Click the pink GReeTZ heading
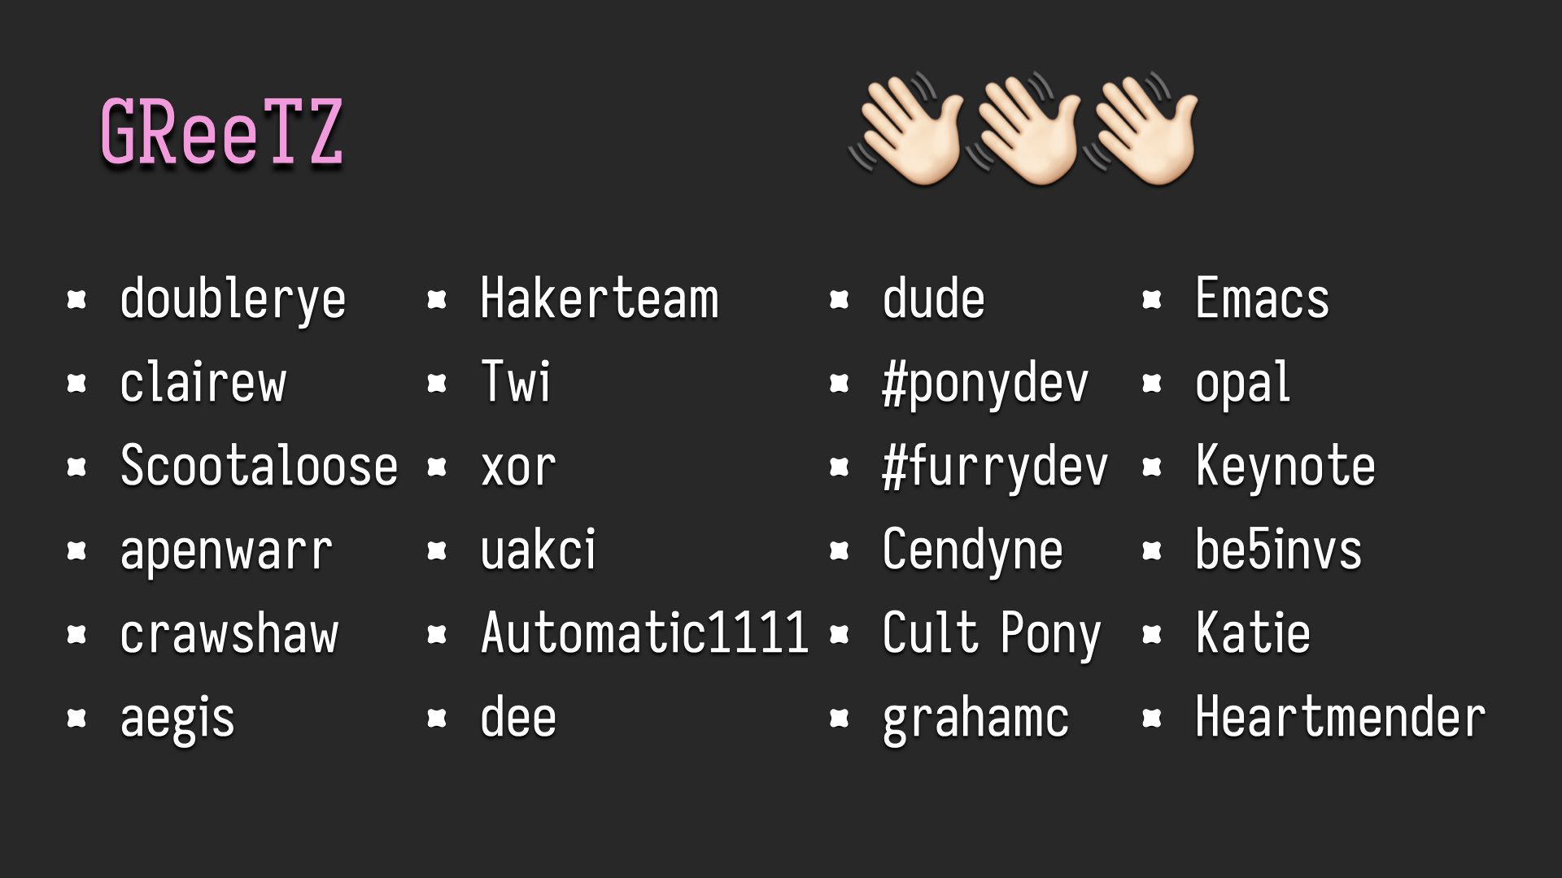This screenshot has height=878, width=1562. tap(221, 133)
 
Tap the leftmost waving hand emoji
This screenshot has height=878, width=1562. tap(907, 130)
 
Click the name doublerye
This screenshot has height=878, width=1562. tap(233, 300)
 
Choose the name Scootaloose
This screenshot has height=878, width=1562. tap(259, 467)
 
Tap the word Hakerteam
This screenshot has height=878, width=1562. tap(600, 298)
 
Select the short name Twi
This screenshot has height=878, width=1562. tap(516, 382)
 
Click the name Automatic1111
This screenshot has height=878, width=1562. tap(644, 632)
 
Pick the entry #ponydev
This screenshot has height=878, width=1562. tap(985, 384)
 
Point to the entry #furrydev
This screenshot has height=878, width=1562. tap(995, 467)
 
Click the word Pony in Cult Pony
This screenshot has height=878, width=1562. tap(1050, 634)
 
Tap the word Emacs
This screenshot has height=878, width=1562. tap(1262, 298)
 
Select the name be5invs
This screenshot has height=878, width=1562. tap(1278, 550)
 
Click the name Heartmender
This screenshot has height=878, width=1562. tap(1340, 717)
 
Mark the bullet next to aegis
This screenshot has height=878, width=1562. tap(76, 718)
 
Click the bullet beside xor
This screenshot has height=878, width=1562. tap(437, 467)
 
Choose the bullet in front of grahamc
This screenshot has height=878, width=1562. tap(839, 718)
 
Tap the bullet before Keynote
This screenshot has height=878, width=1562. tap(1151, 467)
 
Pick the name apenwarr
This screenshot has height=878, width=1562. tap(226, 551)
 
